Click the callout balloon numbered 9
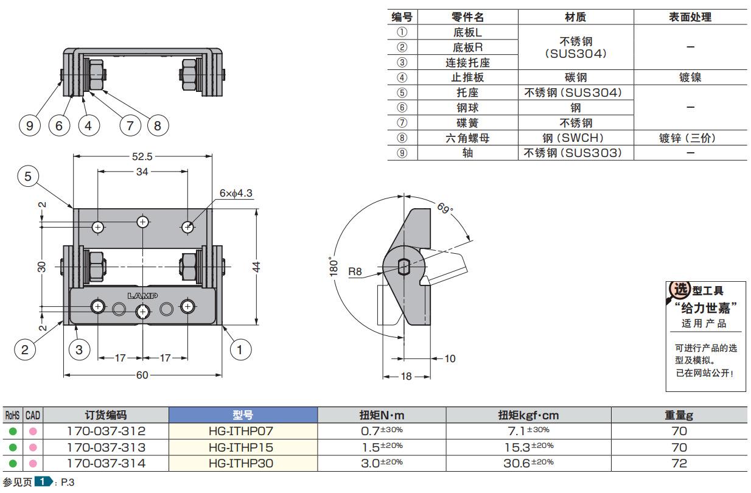coord(30,126)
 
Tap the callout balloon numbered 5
coord(28,177)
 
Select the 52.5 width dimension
coord(142,156)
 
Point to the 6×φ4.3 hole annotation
coord(236,193)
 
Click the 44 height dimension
coord(256,267)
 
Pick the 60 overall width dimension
coord(142,375)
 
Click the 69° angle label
coord(445,208)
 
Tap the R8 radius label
coord(355,271)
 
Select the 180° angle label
coord(334,267)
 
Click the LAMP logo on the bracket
coord(142,295)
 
